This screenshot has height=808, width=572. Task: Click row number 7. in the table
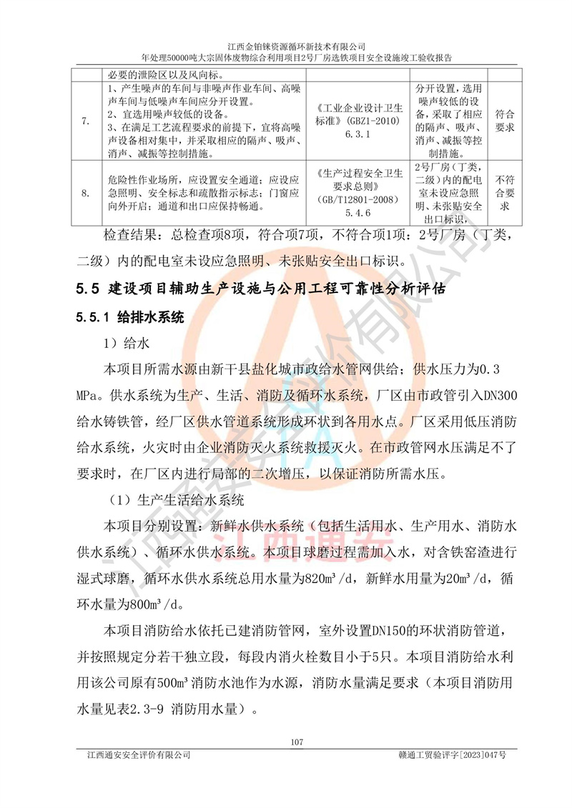pyautogui.click(x=86, y=121)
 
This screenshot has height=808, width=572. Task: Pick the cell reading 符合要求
pyautogui.click(x=504, y=121)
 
